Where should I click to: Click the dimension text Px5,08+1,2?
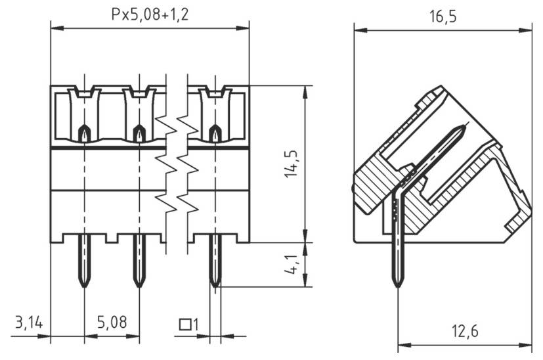(x=149, y=15)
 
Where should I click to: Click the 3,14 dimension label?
(x=28, y=323)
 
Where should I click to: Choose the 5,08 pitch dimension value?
(x=112, y=323)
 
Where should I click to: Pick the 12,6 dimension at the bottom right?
(x=464, y=331)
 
